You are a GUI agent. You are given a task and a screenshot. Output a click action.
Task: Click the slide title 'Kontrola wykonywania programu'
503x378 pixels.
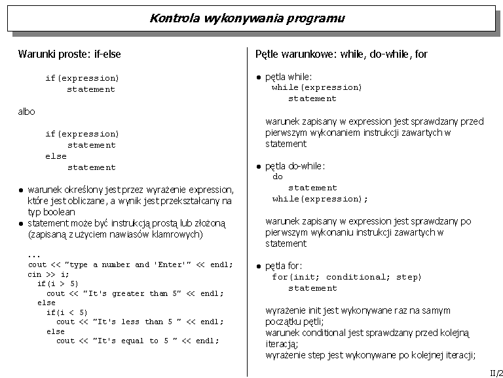pyautogui.click(x=247, y=18)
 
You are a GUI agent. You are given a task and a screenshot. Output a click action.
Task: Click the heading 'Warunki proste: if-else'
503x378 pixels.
pyautogui.click(x=69, y=54)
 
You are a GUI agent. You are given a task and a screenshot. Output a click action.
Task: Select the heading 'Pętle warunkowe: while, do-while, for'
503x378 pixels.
pyautogui.click(x=341, y=54)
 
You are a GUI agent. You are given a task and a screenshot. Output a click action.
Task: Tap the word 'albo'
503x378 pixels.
pyautogui.click(x=26, y=112)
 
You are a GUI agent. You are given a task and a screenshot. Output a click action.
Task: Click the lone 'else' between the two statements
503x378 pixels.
pyautogui.click(x=56, y=156)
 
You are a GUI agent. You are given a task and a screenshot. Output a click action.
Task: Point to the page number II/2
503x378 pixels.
pyautogui.click(x=496, y=372)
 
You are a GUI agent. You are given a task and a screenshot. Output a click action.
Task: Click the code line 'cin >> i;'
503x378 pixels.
pyautogui.click(x=48, y=274)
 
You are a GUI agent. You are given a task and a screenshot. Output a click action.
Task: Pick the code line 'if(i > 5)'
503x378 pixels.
pyautogui.click(x=58, y=283)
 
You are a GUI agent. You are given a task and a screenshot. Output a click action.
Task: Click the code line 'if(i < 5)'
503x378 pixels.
pyautogui.click(x=67, y=312)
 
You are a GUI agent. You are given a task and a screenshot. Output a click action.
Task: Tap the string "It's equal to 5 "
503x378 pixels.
pyautogui.click(x=134, y=341)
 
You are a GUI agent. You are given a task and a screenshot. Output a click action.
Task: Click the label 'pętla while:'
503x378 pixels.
pyautogui.click(x=288, y=77)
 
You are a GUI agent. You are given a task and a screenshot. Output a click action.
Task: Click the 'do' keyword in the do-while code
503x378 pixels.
pyautogui.click(x=278, y=177)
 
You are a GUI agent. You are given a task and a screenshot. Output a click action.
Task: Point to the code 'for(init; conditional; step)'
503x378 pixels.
pyautogui.click(x=346, y=277)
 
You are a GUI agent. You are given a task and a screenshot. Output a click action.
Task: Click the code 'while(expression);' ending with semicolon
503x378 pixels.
pyautogui.click(x=320, y=199)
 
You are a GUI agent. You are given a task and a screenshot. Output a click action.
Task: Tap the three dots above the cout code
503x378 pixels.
pyautogui.click(x=34, y=255)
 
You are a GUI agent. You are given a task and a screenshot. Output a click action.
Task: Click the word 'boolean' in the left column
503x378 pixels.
pyautogui.click(x=59, y=212)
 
